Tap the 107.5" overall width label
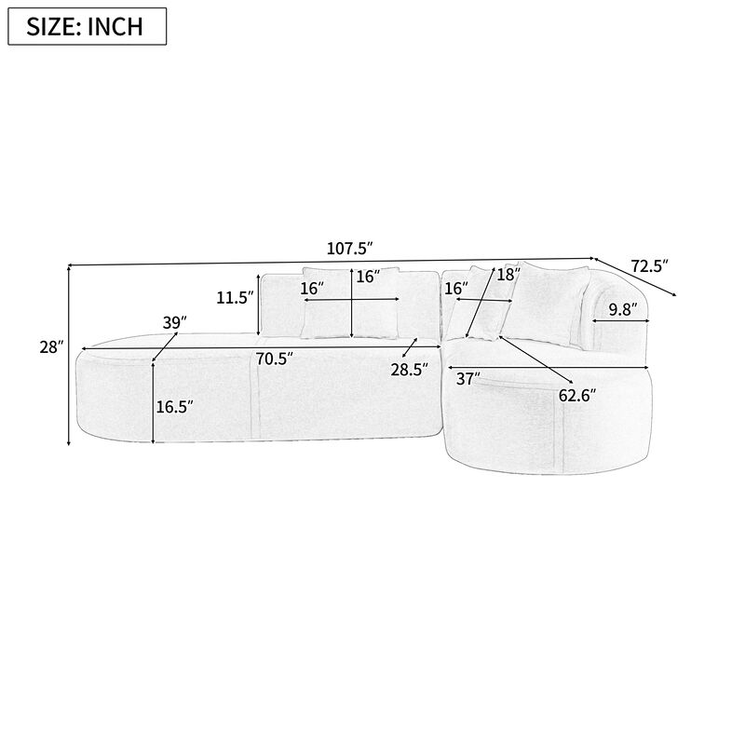[350, 249]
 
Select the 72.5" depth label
[650, 266]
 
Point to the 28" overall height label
[52, 347]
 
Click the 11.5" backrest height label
[234, 298]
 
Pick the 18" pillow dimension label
[508, 275]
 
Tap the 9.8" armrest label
[623, 309]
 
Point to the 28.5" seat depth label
[410, 369]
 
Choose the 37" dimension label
[468, 378]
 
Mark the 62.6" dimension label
[577, 394]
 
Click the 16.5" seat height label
[175, 406]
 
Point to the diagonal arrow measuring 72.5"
[638, 278]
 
